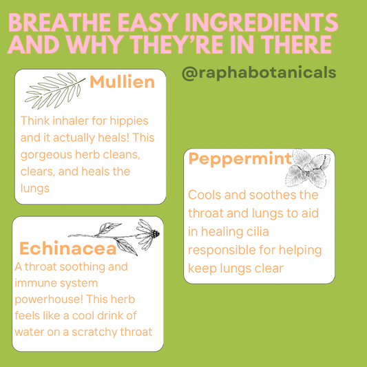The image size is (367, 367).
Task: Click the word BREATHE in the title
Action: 60,23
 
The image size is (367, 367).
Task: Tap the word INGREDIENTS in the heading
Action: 261,23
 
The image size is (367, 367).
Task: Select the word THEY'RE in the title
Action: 178,45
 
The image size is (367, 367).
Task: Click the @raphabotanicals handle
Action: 259,73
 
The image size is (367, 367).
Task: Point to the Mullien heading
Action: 122,82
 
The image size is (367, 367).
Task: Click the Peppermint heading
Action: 240,159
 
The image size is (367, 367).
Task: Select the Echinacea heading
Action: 68,249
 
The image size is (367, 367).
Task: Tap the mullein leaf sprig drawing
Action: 55,90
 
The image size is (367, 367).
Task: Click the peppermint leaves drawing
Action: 308,169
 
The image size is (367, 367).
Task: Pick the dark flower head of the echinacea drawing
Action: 155,233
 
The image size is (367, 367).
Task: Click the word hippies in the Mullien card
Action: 129,121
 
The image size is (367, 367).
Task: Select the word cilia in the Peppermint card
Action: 258,232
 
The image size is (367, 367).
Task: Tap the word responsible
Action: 222,251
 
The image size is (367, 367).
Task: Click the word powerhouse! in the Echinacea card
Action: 49,300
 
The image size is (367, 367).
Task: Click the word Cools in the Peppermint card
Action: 205,195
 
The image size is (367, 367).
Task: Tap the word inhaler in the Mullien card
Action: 71,121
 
